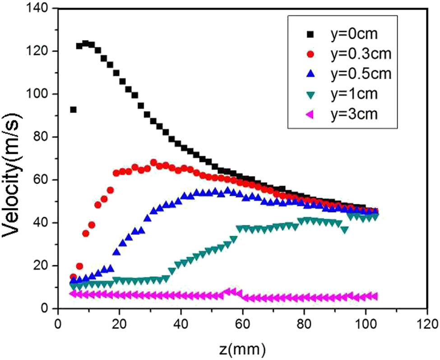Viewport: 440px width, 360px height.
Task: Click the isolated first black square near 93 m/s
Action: pyautogui.click(x=73, y=110)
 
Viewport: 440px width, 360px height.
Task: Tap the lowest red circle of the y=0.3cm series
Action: pyautogui.click(x=73, y=277)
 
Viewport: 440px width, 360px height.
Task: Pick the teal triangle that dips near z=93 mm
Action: pyautogui.click(x=345, y=230)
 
